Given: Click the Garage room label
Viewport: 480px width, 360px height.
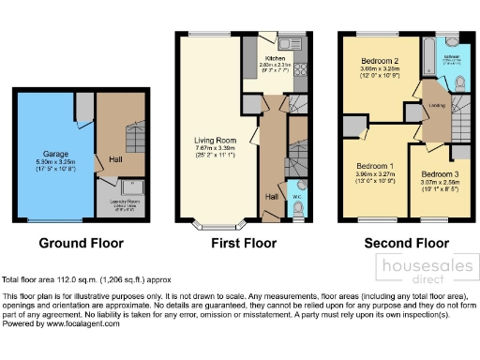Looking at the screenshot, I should [x=52, y=151].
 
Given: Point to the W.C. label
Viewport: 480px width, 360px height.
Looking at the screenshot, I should [x=296, y=199].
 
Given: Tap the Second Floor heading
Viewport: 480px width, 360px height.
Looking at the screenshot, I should [x=405, y=243].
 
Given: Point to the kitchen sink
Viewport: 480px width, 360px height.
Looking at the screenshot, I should [x=285, y=42].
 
